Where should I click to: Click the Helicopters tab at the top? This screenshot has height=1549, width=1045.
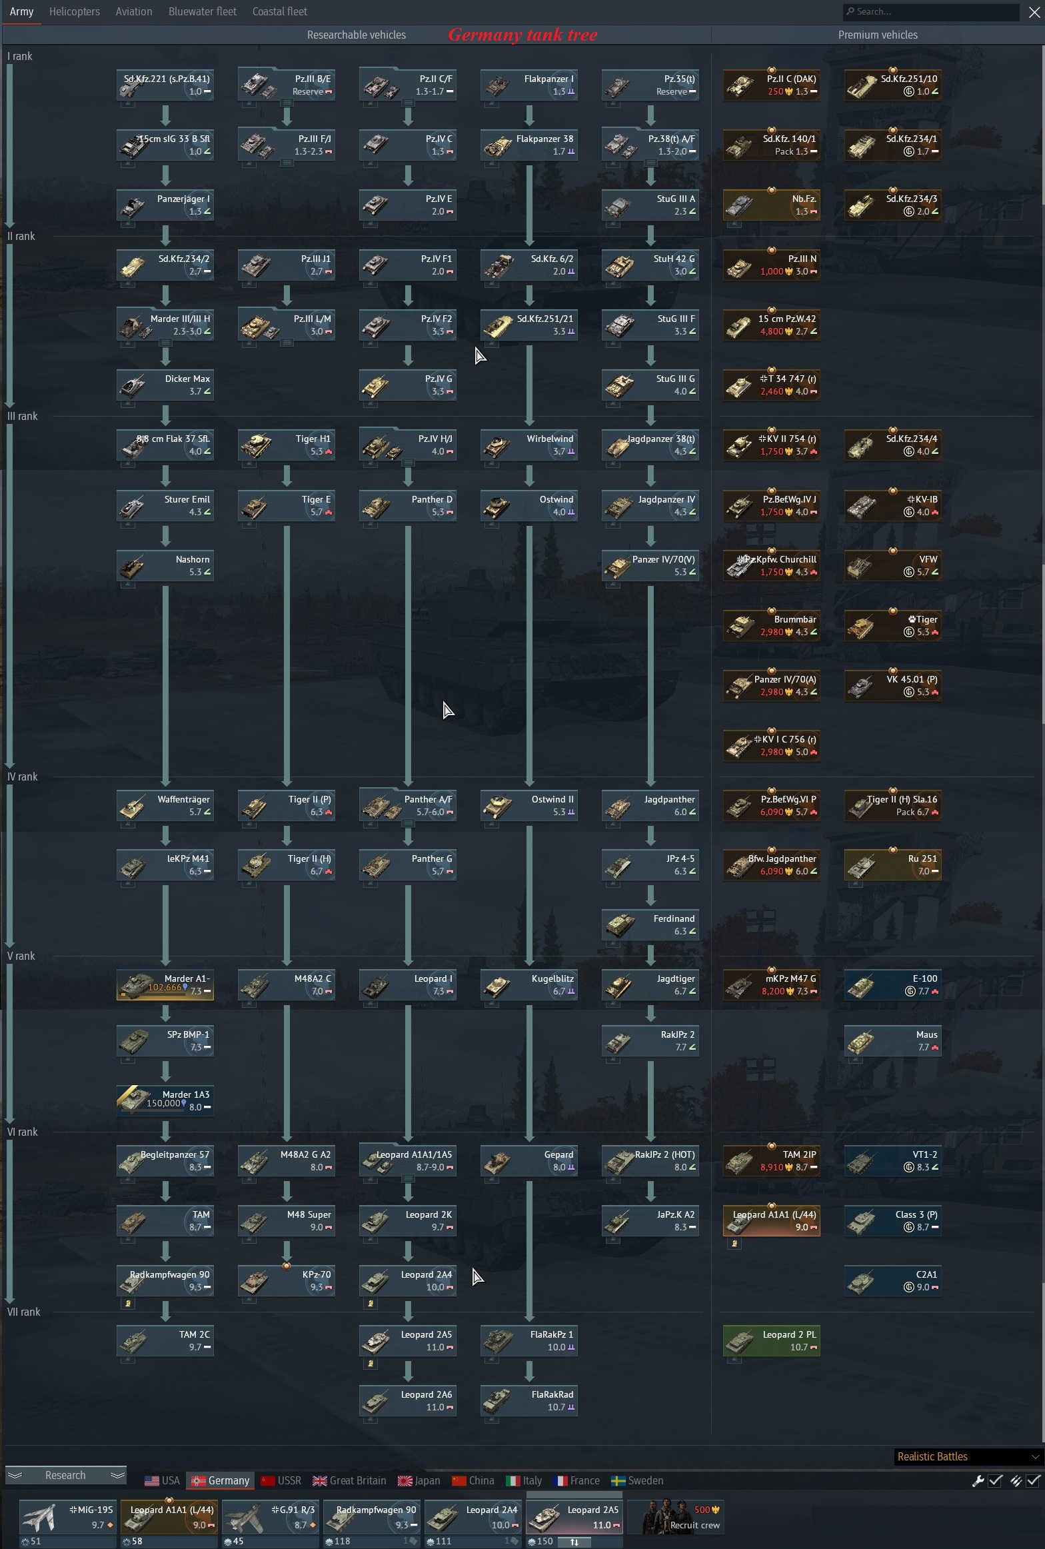click(x=75, y=11)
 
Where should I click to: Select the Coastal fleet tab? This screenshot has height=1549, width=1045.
click(x=280, y=11)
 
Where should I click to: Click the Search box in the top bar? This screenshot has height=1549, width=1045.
click(x=930, y=11)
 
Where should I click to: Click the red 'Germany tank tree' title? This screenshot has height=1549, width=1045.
click(x=522, y=35)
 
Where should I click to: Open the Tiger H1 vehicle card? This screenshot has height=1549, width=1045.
click(x=287, y=445)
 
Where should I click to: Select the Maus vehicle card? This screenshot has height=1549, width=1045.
click(x=893, y=1040)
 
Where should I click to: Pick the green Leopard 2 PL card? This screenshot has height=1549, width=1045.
click(x=772, y=1340)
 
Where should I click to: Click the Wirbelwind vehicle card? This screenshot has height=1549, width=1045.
click(x=529, y=445)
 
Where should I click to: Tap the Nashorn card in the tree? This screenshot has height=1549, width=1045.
click(x=165, y=565)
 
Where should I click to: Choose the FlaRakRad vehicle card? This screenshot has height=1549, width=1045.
click(x=529, y=1400)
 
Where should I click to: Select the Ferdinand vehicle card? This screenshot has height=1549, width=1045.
click(x=650, y=924)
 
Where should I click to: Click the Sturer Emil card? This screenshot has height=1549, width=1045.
click(x=165, y=505)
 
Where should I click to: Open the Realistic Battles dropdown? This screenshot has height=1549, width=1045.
click(x=968, y=1456)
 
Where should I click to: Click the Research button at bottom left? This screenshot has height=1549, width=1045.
click(x=65, y=1475)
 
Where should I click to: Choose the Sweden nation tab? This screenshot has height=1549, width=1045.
click(x=637, y=1480)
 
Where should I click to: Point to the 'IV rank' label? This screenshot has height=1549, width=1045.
click(x=23, y=776)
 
